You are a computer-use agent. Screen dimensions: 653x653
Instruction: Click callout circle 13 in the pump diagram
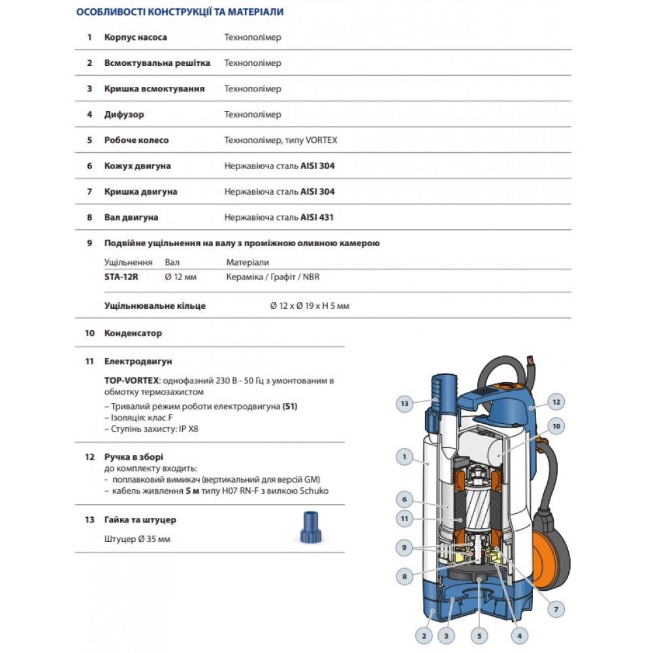coord(405,404)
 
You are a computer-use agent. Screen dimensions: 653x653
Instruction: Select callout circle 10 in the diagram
coord(556,427)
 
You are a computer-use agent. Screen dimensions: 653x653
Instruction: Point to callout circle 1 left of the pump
coord(405,457)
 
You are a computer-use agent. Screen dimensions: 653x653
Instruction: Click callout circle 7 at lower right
coord(556,609)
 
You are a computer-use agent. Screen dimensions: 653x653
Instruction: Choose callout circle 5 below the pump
coord(479,635)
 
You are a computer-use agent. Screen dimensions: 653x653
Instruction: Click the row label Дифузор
coord(124,114)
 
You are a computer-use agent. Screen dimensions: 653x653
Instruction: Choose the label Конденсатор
coord(133,333)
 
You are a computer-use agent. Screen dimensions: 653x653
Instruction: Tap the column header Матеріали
coord(247,263)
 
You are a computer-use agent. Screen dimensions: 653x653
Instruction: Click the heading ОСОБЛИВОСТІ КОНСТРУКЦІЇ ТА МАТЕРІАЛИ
coord(180,12)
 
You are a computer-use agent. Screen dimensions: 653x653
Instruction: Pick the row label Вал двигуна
coord(131,217)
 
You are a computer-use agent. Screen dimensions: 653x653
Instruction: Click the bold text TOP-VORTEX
coord(127,380)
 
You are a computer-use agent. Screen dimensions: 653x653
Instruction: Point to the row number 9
coord(89,243)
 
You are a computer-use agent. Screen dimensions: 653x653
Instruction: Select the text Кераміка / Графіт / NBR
coord(273,277)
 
